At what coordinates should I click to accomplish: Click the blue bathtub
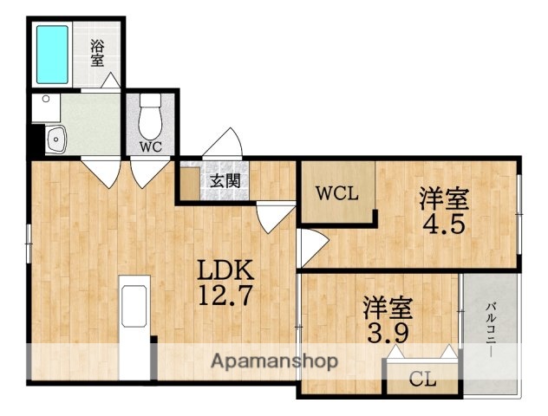53,53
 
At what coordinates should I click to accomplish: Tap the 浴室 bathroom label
97,55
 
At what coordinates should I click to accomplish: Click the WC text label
151,146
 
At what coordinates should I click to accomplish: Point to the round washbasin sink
56,138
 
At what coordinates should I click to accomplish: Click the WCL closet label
336,193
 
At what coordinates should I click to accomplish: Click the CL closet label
422,379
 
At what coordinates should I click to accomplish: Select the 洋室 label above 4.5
445,198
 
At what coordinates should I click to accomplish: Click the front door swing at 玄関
229,143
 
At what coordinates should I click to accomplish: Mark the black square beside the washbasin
36,138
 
